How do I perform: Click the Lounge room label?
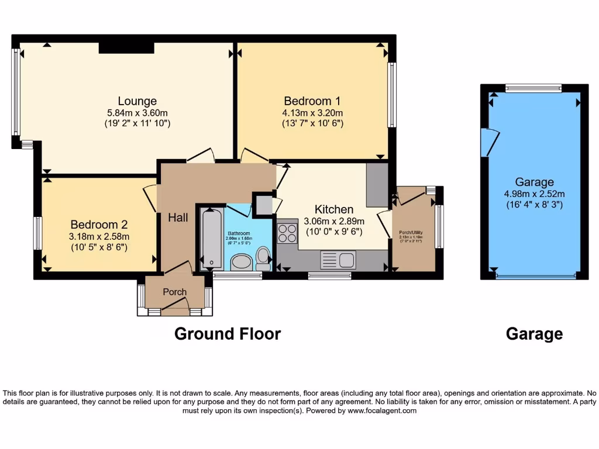click(137, 101)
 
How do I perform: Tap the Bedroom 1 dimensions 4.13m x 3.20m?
click(313, 112)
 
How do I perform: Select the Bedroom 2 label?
click(99, 224)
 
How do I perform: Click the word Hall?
click(178, 217)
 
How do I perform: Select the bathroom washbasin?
click(240, 262)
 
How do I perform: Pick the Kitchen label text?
click(334, 209)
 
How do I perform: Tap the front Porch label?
click(174, 292)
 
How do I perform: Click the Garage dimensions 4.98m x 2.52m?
click(534, 194)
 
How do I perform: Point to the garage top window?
click(533, 89)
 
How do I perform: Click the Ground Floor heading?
click(228, 334)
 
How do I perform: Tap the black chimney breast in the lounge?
click(126, 47)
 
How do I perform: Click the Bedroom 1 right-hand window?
click(392, 95)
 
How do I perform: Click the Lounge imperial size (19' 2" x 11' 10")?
click(137, 123)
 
